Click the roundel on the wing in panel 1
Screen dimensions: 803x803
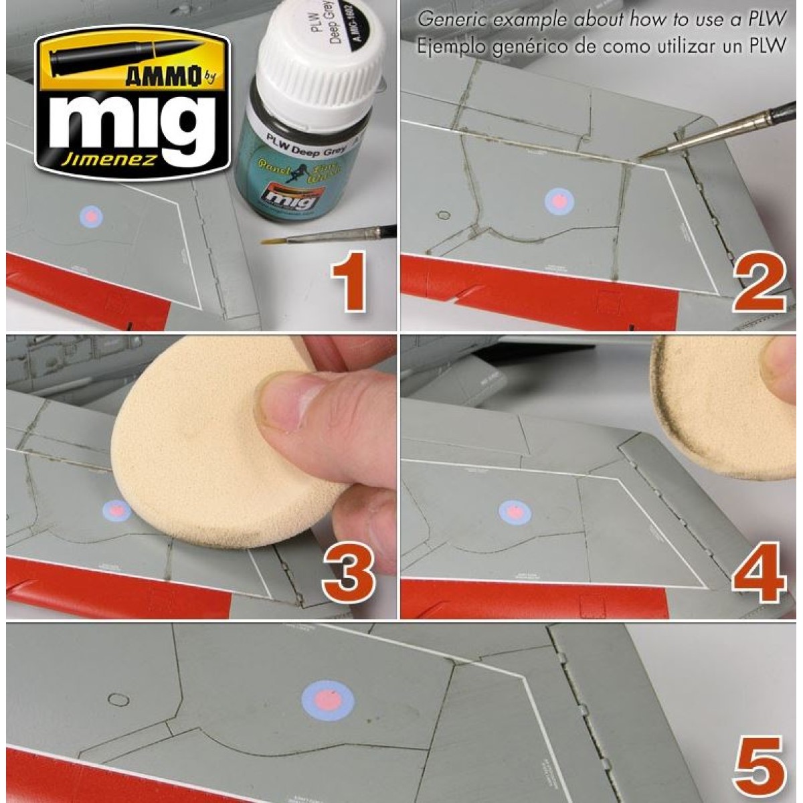[92, 215]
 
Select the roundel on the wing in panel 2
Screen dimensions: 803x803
[557, 199]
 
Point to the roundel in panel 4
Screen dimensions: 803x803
[515, 513]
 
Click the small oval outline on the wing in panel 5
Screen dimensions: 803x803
[118, 699]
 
